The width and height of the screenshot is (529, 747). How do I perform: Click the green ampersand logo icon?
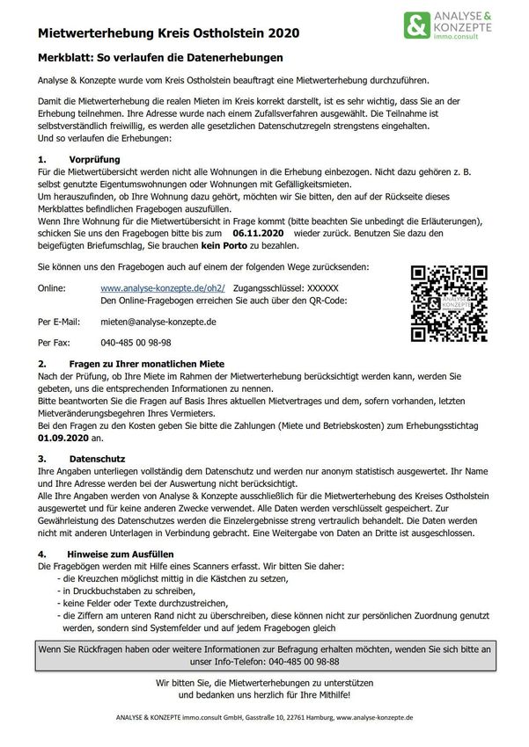coord(417,25)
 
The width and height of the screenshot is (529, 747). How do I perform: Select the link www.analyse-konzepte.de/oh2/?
coord(163,287)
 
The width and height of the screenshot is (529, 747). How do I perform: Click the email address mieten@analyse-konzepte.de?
coord(158,322)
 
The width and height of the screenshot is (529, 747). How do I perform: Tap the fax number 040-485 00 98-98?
coord(136,343)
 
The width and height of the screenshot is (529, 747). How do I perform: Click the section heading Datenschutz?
coord(97,459)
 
